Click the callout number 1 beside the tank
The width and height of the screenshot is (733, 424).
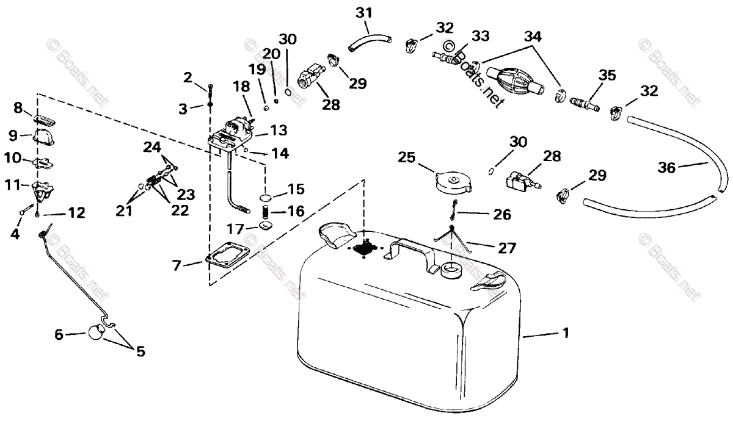click(x=566, y=333)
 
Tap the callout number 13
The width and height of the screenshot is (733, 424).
click(x=279, y=130)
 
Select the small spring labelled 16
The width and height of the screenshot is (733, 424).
click(x=266, y=213)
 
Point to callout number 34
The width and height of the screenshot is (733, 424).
click(x=533, y=37)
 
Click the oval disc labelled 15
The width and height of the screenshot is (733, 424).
click(x=266, y=198)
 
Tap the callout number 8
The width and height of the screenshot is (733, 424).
click(x=18, y=109)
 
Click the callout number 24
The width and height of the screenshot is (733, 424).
click(x=152, y=147)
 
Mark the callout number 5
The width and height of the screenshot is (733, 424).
click(x=140, y=351)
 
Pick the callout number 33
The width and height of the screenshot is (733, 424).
click(x=480, y=37)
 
